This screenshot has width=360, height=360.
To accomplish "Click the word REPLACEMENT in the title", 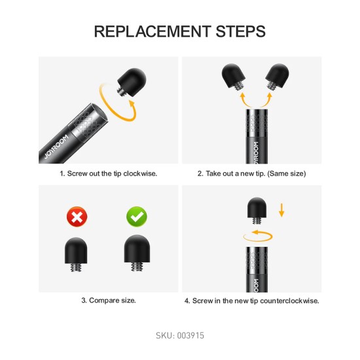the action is [x=153, y=31].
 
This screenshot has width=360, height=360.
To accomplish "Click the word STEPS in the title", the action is [x=241, y=31].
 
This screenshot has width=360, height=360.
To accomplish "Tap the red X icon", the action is [x=77, y=217].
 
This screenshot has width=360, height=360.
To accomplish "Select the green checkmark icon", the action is [x=137, y=217].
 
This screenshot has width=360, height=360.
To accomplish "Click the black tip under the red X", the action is [x=76, y=255].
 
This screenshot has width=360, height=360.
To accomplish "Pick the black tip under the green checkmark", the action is [x=137, y=253].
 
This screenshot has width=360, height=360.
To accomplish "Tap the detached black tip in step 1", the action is [x=132, y=82].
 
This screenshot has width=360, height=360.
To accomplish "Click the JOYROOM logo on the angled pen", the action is [x=56, y=147].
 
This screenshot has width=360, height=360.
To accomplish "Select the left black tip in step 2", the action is [x=234, y=77].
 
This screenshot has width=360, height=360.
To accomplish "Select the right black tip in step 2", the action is [x=277, y=77].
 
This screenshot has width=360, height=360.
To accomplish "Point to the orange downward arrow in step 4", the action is [x=281, y=210].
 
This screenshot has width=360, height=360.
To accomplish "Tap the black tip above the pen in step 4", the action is [x=257, y=211].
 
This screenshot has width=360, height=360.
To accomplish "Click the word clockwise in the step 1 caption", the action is [x=140, y=173].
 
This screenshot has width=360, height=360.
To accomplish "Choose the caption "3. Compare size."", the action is [x=109, y=300].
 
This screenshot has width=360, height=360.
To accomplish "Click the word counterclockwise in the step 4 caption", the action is [x=289, y=301].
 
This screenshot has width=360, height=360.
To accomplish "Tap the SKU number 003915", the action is [x=190, y=336].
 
